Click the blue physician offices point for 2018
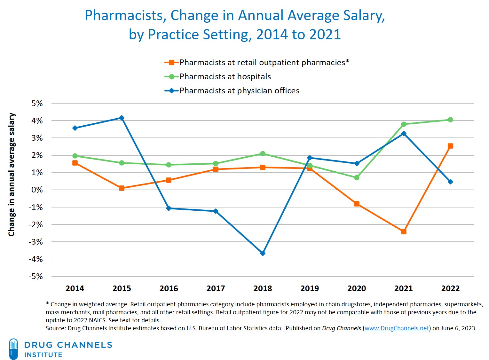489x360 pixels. point(263,253)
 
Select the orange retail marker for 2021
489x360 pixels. point(404,231)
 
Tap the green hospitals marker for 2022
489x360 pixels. point(450,120)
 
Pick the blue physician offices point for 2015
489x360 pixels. point(122,118)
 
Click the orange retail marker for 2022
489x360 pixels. point(450,146)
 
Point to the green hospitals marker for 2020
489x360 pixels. point(357,177)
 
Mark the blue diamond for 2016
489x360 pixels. point(169,208)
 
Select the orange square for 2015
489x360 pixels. point(122,188)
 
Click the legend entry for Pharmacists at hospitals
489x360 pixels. point(225,77)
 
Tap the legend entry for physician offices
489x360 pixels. point(239,91)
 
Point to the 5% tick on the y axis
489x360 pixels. point(37,104)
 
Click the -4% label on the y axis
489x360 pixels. point(35,259)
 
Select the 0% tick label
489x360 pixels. point(37,190)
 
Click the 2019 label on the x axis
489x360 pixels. point(309,288)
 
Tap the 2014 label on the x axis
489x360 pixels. point(75,288)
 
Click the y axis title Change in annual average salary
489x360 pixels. point(12,175)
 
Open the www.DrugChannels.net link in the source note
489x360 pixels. point(397,328)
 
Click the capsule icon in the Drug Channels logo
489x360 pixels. point(13,349)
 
